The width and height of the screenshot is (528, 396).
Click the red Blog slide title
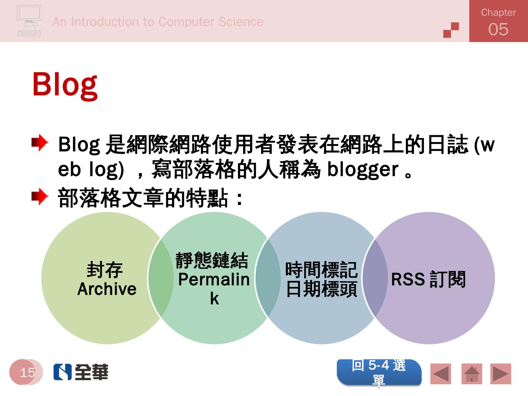coord(65,86)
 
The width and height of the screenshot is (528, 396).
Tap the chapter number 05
coord(498,29)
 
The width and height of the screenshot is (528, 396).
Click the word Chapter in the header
coord(498,12)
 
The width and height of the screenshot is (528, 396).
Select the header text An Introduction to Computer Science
coord(158,22)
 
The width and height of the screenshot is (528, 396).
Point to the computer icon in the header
coord(29,21)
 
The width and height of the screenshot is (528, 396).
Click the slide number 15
coord(27,373)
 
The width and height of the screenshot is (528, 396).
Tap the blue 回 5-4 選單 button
coord(379,373)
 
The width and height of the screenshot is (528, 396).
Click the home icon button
coord(472,374)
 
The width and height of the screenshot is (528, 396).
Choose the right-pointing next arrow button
coord(500,374)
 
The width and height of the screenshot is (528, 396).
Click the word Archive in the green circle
coord(107,289)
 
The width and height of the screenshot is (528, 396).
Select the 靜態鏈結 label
coord(212,260)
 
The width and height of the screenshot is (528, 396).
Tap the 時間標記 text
coord(321,270)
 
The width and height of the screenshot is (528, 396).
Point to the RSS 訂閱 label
coord(428,279)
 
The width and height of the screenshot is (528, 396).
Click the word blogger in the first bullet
coord(363,170)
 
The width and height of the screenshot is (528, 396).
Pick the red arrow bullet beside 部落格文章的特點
coord(40,196)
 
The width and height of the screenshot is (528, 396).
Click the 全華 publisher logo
coord(81,372)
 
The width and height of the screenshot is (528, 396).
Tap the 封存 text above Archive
coord(104,270)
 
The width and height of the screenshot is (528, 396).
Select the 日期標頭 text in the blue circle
coord(321,289)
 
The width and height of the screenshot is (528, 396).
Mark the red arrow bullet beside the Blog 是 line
coord(40,143)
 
